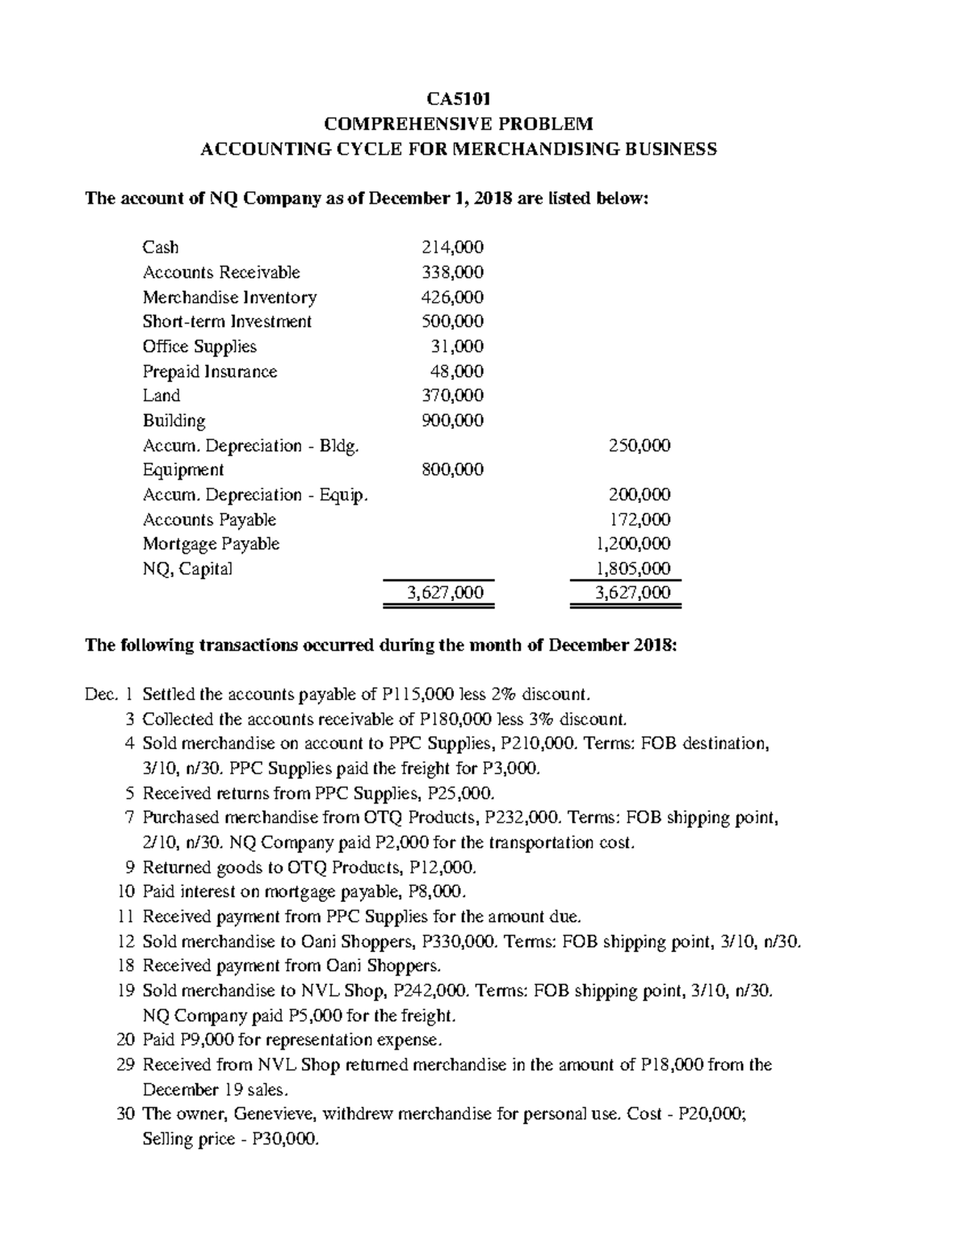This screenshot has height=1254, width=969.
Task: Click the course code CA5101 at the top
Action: click(458, 99)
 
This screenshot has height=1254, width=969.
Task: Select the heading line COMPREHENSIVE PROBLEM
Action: click(458, 124)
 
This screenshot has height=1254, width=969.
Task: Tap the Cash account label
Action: click(161, 247)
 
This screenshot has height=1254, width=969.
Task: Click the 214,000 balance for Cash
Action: click(453, 247)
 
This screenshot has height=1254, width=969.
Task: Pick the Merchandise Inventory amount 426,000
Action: click(453, 297)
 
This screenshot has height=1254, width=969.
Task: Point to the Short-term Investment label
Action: click(227, 321)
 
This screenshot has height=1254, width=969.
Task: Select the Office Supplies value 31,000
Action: click(457, 346)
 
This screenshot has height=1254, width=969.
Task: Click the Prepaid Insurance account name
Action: click(210, 371)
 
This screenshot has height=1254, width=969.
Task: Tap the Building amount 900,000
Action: click(453, 421)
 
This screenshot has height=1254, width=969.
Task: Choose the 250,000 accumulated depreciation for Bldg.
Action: click(640, 446)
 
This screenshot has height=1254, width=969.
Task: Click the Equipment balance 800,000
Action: click(453, 470)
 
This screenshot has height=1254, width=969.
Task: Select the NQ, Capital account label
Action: click(187, 569)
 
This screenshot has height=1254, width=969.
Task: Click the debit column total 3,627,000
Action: click(446, 593)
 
